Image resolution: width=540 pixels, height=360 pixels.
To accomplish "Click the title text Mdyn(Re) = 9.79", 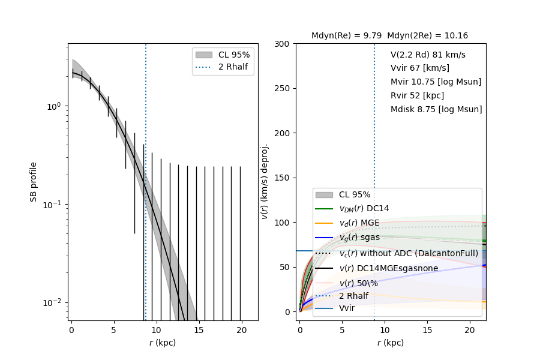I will pyautogui.click(x=346, y=36).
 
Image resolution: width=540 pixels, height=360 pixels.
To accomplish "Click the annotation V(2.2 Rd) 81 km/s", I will pyautogui.click(x=428, y=55).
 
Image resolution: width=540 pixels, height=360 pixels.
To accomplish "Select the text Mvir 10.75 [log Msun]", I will pyautogui.click(x=436, y=82).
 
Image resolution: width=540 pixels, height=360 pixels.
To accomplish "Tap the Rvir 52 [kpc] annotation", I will pyautogui.click(x=416, y=95).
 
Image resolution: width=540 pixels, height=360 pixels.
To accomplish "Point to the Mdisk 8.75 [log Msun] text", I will pyautogui.click(x=436, y=109).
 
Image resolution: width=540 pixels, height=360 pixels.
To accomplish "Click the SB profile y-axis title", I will pyautogui.click(x=34, y=181).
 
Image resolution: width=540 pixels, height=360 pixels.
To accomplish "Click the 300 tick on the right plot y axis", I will pyautogui.click(x=284, y=44).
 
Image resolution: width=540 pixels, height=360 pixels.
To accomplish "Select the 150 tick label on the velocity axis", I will pyautogui.click(x=284, y=178).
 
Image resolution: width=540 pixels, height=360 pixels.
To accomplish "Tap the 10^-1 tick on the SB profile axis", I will pyautogui.click(x=53, y=204).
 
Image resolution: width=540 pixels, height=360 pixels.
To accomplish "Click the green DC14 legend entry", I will pyautogui.click(x=364, y=208).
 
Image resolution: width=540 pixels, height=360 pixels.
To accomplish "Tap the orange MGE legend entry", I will pyautogui.click(x=359, y=223).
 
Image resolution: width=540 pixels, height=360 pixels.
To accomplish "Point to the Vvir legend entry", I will pyautogui.click(x=347, y=308).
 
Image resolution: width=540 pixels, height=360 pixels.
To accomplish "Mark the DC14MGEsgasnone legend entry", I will pyautogui.click(x=388, y=268).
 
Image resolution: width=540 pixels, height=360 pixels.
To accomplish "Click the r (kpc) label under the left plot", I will pyautogui.click(x=163, y=343).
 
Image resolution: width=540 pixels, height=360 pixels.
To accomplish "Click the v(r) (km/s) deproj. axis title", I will pyautogui.click(x=265, y=181).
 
